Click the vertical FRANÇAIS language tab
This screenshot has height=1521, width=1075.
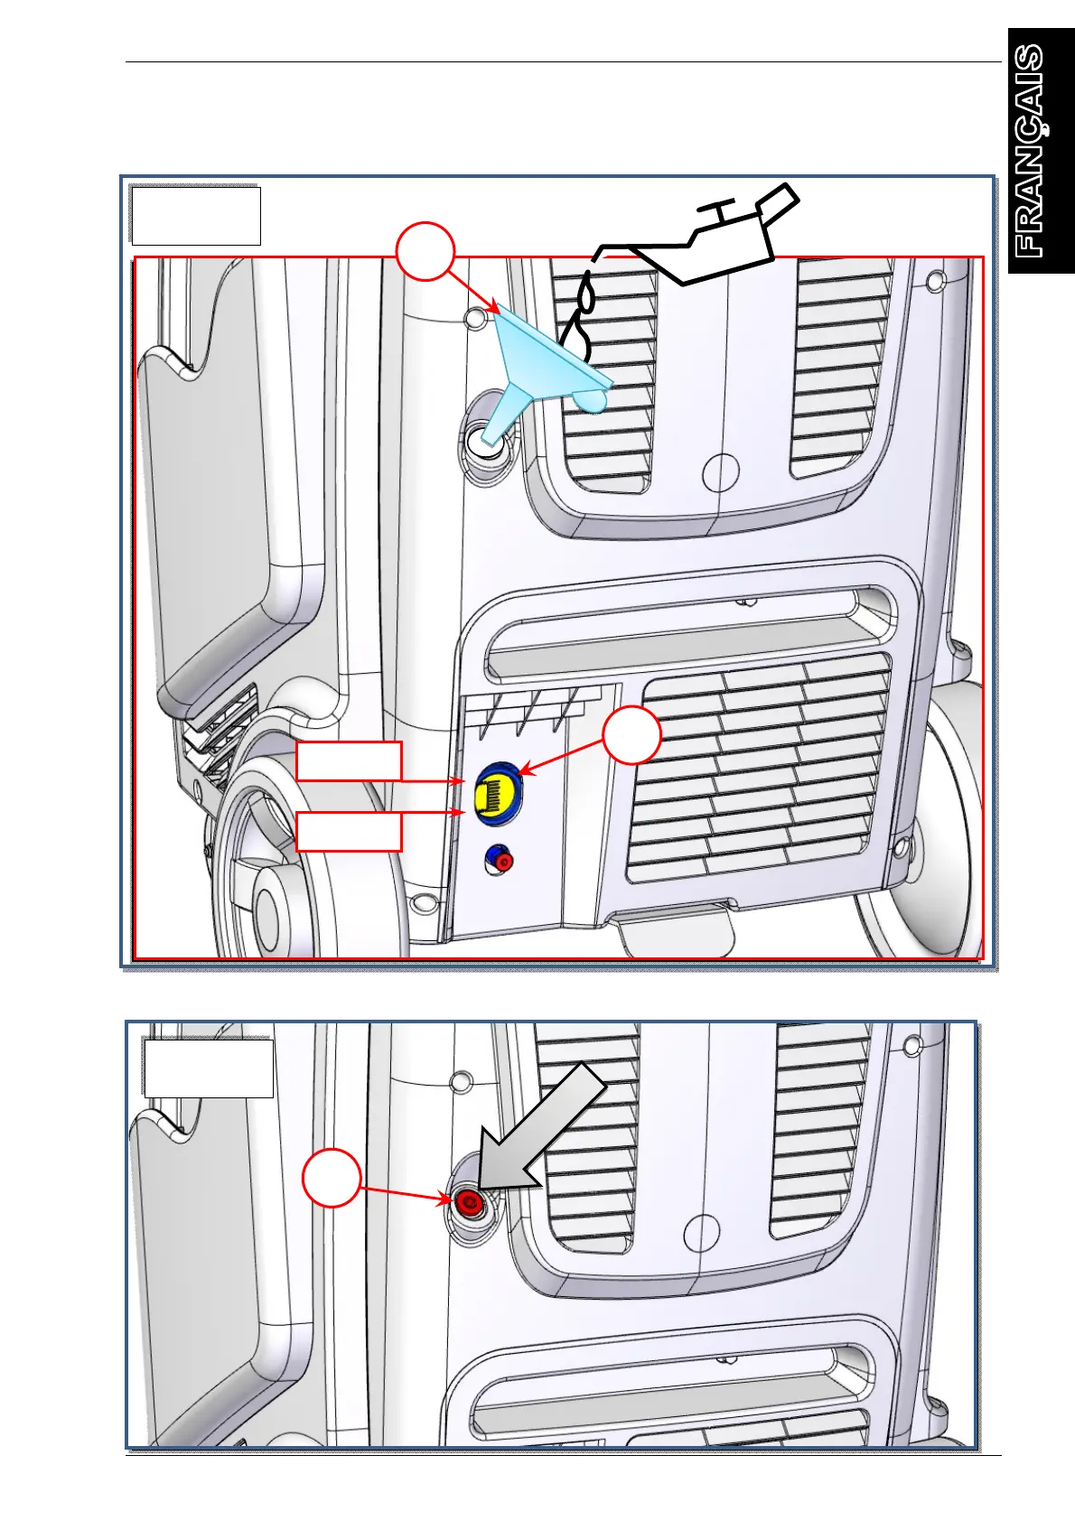(x=1042, y=151)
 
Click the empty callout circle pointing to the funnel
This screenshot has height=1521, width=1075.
(x=424, y=251)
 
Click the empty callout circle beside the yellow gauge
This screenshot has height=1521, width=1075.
(x=632, y=736)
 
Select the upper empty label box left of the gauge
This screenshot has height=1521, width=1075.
(x=349, y=761)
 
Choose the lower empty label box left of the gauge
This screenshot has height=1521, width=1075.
(x=349, y=831)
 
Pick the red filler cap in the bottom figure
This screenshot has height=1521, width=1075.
(x=468, y=1202)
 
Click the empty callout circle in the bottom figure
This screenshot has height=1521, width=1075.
(x=332, y=1178)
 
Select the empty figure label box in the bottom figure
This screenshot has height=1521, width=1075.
(x=209, y=1068)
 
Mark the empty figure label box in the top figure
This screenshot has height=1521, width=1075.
(x=196, y=216)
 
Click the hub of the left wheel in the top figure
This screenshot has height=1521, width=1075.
(x=267, y=903)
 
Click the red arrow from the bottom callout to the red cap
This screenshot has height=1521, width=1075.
(x=406, y=1192)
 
